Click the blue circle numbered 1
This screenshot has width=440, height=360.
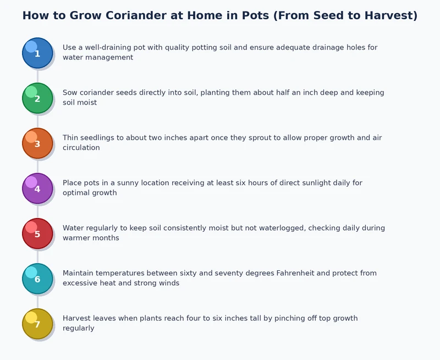tap(37, 53)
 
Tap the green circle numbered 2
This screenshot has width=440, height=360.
tap(37, 98)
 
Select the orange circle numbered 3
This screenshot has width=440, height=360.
tap(37, 143)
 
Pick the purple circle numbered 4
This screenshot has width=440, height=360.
tap(37, 188)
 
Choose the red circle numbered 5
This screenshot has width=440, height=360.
tap(37, 233)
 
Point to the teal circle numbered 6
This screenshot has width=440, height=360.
tap(37, 279)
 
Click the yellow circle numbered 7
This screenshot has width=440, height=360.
tap(37, 324)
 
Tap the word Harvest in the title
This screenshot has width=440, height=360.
tap(389, 15)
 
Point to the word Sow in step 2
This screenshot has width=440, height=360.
tap(70, 92)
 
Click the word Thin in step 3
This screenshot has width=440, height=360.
tap(71, 138)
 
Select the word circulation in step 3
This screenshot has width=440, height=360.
tap(81, 148)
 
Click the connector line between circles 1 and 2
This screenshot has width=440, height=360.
tap(37, 75)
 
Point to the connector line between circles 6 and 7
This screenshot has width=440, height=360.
tap(37, 301)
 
